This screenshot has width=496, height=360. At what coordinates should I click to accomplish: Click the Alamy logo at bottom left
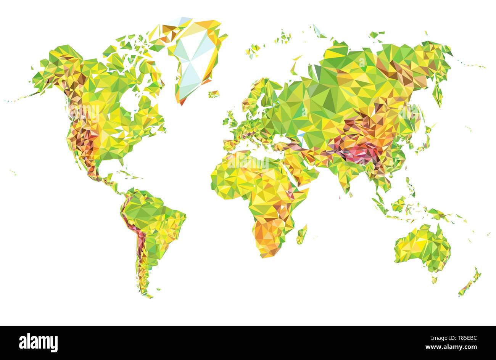click(x=38, y=342)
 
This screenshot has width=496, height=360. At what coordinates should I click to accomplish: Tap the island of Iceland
click(x=214, y=94)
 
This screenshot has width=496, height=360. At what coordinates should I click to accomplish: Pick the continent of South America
click(x=153, y=225)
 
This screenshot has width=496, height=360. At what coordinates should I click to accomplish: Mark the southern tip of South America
click(x=147, y=294)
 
